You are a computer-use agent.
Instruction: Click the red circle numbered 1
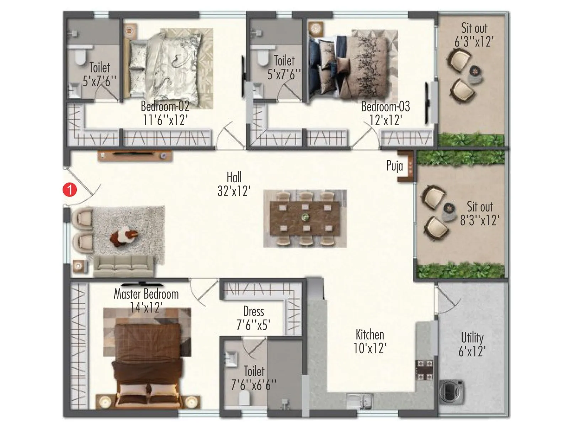(70, 190)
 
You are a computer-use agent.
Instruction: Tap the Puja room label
(395, 166)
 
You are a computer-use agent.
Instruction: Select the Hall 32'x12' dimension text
(234, 191)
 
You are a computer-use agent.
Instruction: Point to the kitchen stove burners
(425, 370)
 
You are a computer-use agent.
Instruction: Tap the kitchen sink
(360, 401)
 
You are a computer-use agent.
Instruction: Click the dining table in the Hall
(305, 218)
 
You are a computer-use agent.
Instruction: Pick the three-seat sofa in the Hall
(123, 266)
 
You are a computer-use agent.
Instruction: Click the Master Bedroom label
(146, 294)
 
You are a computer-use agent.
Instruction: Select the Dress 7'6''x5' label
(254, 318)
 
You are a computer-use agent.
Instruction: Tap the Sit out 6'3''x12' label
(474, 35)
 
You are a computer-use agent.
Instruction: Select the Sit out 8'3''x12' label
(480, 213)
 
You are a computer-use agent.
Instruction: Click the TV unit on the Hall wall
(135, 156)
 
